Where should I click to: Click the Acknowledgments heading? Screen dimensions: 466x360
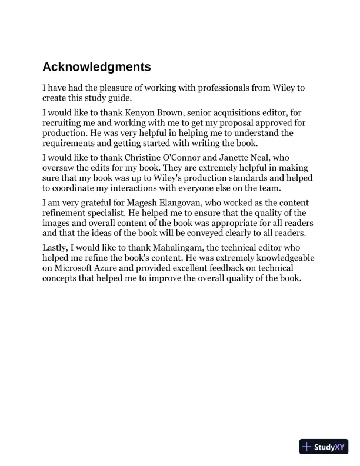tap(96, 67)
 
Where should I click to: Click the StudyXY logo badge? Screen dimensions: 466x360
tap(324, 447)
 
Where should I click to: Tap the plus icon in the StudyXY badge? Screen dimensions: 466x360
tap(306, 447)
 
